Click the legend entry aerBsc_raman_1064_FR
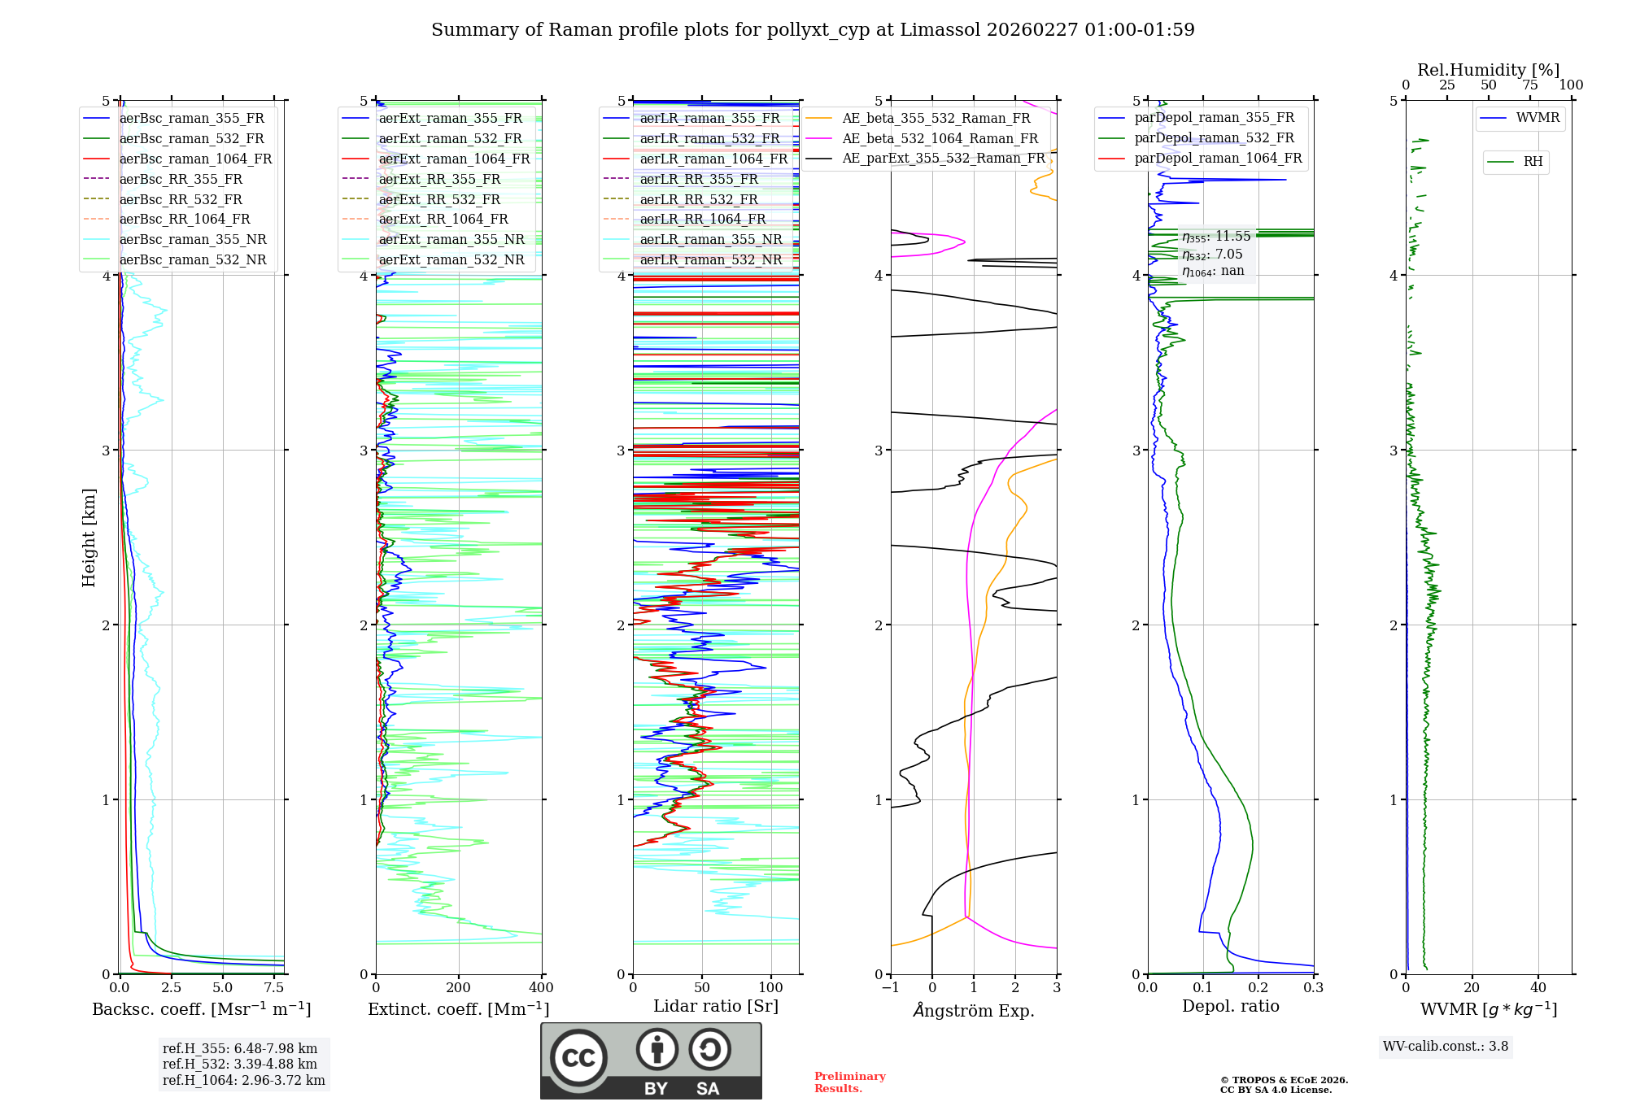195,159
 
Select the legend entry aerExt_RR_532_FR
443,199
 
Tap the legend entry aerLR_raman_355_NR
710,239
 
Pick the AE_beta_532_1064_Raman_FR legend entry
940,138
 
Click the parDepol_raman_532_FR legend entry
1214,138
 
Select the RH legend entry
1533,161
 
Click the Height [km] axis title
89,538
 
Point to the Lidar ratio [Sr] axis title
715,1006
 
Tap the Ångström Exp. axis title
973,1010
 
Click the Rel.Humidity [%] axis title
1488,70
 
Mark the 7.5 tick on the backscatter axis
274,987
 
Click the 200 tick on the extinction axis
458,987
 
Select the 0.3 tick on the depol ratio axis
1313,987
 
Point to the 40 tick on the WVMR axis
1538,987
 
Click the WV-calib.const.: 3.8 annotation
1445,1046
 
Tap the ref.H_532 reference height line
239,1064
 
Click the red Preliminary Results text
849,1082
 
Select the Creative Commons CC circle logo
578,1057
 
